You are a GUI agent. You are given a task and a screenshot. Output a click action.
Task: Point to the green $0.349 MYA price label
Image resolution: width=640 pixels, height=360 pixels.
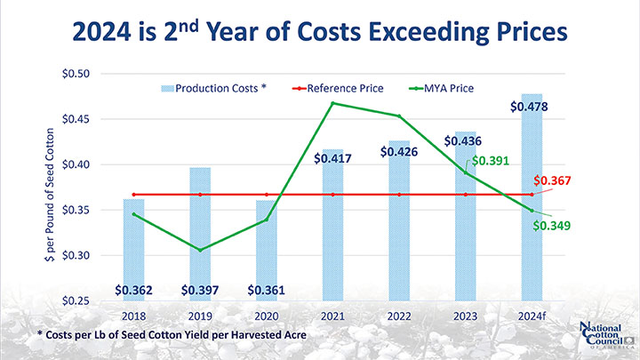pos(551,226)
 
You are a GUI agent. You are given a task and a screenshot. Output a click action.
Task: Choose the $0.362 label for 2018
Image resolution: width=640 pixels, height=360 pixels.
pos(132,290)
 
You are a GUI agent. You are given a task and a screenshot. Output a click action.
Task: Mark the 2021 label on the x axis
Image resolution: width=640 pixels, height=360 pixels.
pos(332,316)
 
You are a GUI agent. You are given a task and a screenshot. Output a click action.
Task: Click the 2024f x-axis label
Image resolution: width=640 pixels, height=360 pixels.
pos(532,316)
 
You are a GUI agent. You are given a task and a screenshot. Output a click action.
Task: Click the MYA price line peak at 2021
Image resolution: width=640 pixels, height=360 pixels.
pos(332,103)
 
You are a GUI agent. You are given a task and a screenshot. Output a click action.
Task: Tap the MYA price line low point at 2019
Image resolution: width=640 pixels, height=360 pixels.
pos(199,250)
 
